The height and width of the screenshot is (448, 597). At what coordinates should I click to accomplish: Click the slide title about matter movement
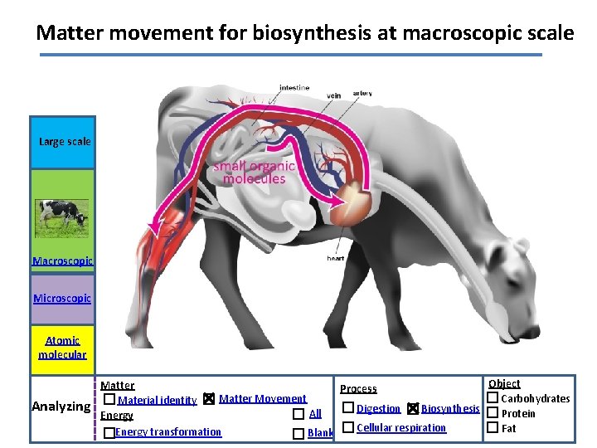(304, 33)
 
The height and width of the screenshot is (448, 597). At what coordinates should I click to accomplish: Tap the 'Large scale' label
(65, 142)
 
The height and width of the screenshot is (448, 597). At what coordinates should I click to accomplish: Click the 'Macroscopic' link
(62, 261)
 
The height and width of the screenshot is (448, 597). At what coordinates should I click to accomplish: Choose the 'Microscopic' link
(62, 298)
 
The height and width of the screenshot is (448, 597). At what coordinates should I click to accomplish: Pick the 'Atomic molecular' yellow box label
(62, 348)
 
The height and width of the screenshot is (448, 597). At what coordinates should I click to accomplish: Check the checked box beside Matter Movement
(209, 400)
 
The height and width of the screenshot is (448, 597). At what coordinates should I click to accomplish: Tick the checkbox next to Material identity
(109, 400)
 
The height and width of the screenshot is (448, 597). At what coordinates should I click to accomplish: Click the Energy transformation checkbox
(109, 433)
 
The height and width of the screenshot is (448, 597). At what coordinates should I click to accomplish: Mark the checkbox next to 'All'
(298, 414)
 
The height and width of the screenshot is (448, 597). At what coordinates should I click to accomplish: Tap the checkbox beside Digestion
(348, 408)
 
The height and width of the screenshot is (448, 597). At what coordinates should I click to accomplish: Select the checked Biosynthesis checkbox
(413, 408)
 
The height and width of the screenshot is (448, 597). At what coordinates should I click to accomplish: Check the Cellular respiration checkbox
(348, 427)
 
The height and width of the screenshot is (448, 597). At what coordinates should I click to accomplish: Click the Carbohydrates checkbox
(492, 399)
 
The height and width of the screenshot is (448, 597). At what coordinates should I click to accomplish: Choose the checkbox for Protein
(492, 413)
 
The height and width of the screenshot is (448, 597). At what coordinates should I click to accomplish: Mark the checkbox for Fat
(492, 428)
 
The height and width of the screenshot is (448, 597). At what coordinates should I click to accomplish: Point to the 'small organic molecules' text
(254, 173)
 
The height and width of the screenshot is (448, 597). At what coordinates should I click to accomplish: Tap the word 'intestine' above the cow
(294, 88)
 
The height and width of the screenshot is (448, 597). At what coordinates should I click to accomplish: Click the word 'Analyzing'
(61, 407)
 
